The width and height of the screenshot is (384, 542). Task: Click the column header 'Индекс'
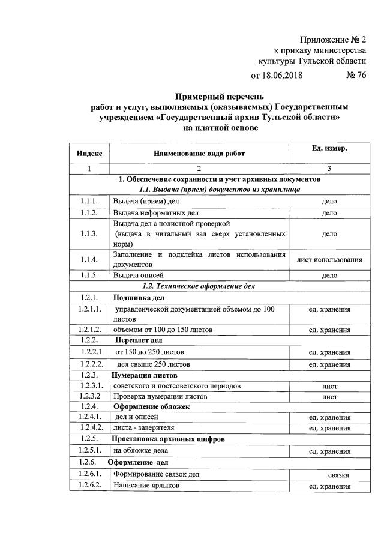89,153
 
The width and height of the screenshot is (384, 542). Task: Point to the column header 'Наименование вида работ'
199,154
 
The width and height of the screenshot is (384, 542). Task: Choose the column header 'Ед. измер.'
329,148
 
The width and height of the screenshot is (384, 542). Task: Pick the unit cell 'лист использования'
329,260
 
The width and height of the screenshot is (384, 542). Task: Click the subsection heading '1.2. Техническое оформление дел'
199,286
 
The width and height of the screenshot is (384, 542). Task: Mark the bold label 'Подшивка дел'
139,298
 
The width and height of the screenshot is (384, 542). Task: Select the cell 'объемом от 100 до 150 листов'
163,330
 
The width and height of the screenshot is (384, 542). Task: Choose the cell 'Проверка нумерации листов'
160,397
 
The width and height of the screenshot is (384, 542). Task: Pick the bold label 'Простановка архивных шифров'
169,439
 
